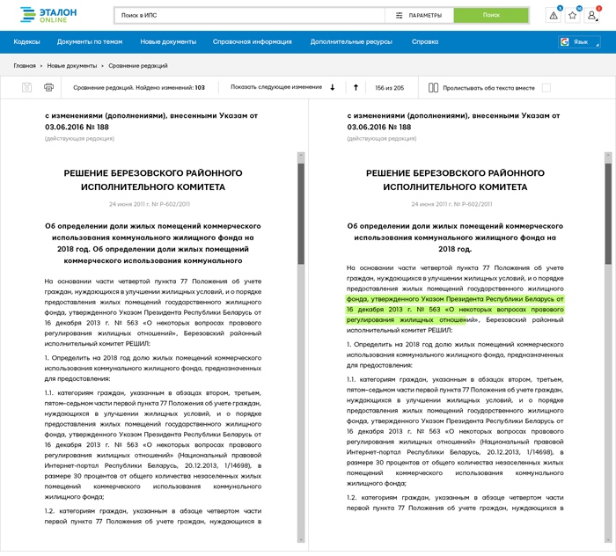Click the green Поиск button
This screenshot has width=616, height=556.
(491, 15)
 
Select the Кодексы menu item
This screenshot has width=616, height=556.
(26, 41)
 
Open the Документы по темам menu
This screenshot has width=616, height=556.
(89, 41)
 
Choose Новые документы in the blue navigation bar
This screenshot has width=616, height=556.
(168, 41)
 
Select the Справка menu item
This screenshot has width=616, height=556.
(425, 41)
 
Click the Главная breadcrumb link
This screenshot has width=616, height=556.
(25, 66)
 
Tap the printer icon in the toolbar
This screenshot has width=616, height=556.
(49, 87)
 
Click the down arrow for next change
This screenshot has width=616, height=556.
(333, 87)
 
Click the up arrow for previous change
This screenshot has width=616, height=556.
(356, 87)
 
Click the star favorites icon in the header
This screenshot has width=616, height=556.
(572, 15)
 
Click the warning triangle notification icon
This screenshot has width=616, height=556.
(553, 15)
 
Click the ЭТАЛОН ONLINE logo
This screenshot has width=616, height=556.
(49, 15)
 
